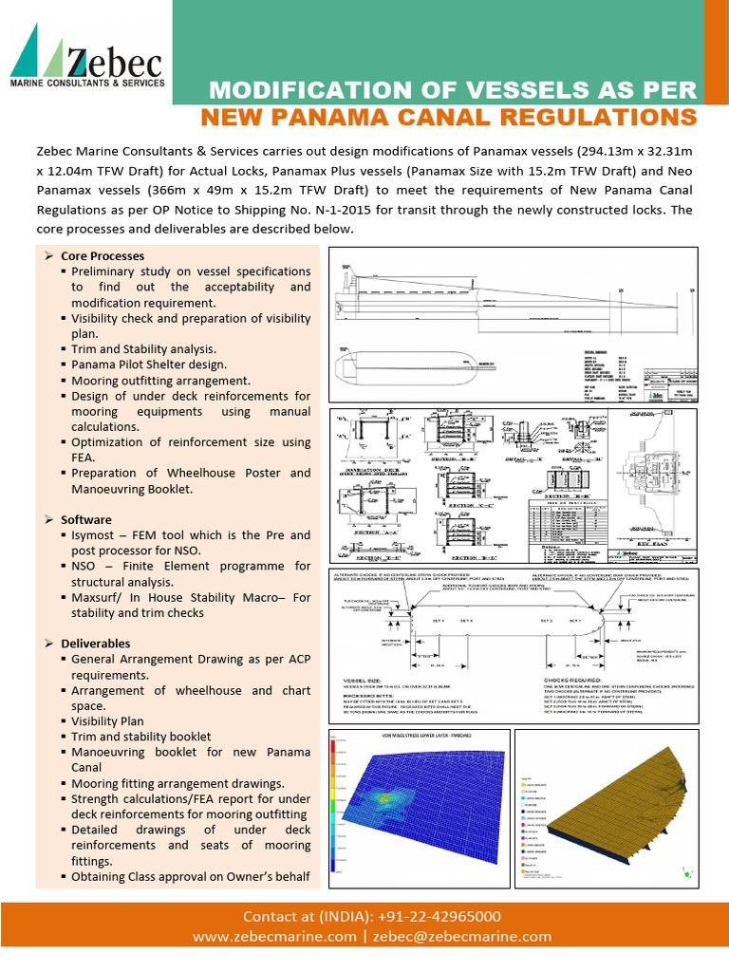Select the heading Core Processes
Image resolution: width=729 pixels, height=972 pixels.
pyautogui.click(x=103, y=256)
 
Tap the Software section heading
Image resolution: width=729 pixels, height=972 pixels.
pyautogui.click(x=86, y=520)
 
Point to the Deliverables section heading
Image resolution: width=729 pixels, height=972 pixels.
pyautogui.click(x=95, y=644)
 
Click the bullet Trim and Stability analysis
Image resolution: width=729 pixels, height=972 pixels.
pyautogui.click(x=143, y=349)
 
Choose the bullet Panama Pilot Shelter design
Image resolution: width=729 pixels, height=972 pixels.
pyautogui.click(x=149, y=364)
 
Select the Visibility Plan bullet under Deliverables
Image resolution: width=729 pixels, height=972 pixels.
pyautogui.click(x=107, y=721)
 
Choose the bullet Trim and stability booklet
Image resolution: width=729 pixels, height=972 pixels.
pyautogui.click(x=140, y=737)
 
